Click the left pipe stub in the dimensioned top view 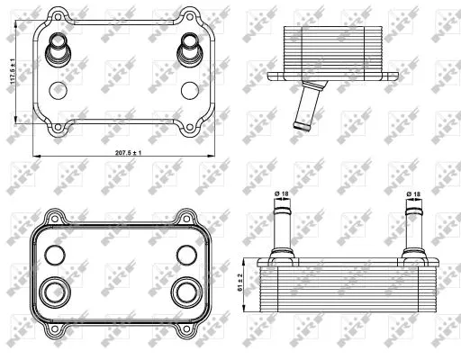click(x=59, y=47)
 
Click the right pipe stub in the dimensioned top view click(x=190, y=47)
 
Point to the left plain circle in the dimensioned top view click(x=59, y=90)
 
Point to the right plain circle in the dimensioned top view click(x=189, y=90)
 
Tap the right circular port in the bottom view click(x=188, y=292)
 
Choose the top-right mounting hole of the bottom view click(x=187, y=216)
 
